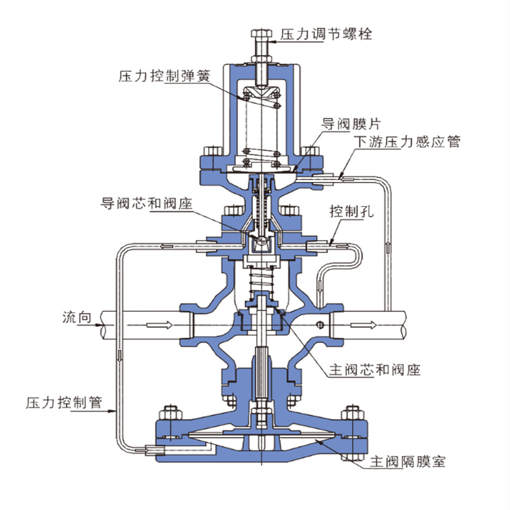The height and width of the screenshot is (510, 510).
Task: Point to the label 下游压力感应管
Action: click(407, 142)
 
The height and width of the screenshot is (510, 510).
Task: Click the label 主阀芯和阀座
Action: click(373, 370)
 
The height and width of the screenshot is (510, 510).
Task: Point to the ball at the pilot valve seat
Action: click(261, 242)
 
